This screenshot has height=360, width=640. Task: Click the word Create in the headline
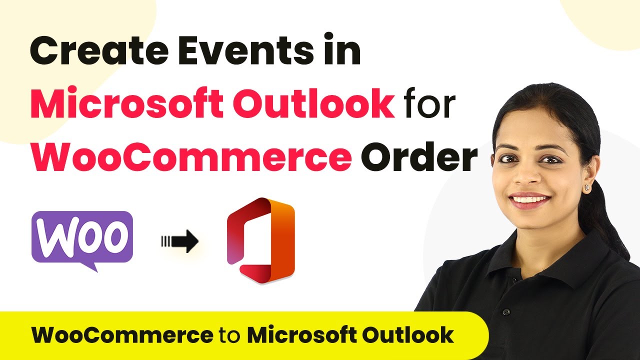coord(99,50)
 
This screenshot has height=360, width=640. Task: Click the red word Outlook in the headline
coord(314,103)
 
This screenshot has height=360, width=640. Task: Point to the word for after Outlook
coord(429,102)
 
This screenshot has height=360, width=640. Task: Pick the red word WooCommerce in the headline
coord(191,156)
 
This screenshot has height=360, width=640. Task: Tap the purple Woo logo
coord(82,237)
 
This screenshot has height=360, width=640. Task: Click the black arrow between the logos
coord(180,241)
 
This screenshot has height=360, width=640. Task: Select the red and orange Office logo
coord(260,240)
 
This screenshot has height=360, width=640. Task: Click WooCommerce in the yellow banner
coord(122,334)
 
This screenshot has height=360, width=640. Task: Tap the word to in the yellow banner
coord(230,335)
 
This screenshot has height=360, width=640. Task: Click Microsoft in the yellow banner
coord(301,334)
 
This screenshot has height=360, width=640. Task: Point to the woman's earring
coord(587,187)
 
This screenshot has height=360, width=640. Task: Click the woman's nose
coord(527,174)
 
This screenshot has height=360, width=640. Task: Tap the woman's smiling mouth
coord(529,200)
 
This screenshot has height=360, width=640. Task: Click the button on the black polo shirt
coord(506,311)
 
